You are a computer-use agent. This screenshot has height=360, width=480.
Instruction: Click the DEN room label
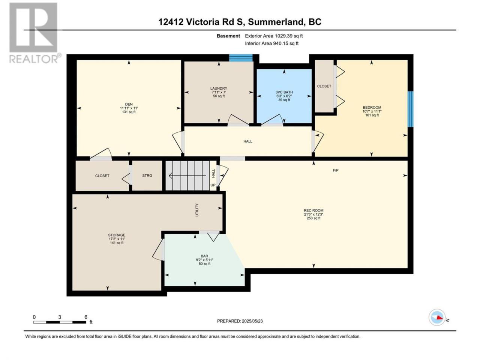[129, 104]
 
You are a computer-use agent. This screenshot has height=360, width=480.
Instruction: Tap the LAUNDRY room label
[219, 88]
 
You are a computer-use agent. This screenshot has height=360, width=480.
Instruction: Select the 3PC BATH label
[284, 92]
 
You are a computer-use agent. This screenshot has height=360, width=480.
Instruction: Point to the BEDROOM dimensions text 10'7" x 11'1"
[372, 111]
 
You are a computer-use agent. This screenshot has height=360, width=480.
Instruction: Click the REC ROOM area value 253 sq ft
[313, 218]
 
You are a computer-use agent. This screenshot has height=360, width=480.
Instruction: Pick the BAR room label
[204, 256]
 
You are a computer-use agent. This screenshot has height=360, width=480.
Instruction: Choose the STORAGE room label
[117, 235]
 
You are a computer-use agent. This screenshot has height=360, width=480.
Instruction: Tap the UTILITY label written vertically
[197, 210]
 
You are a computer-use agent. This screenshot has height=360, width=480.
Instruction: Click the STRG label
[147, 175]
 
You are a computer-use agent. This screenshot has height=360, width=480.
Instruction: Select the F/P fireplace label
[336, 170]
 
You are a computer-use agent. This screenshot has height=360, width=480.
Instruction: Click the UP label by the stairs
[213, 185]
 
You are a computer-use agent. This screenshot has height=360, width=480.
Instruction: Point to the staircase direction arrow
[187, 175]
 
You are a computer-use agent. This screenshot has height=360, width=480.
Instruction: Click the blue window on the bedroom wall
[411, 109]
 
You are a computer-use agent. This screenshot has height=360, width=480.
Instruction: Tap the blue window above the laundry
[241, 58]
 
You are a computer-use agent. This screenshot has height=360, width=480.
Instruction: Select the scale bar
[60, 322]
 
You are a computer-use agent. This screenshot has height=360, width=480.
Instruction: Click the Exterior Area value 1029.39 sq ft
[289, 36]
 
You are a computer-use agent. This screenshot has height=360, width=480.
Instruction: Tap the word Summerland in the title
[276, 22]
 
